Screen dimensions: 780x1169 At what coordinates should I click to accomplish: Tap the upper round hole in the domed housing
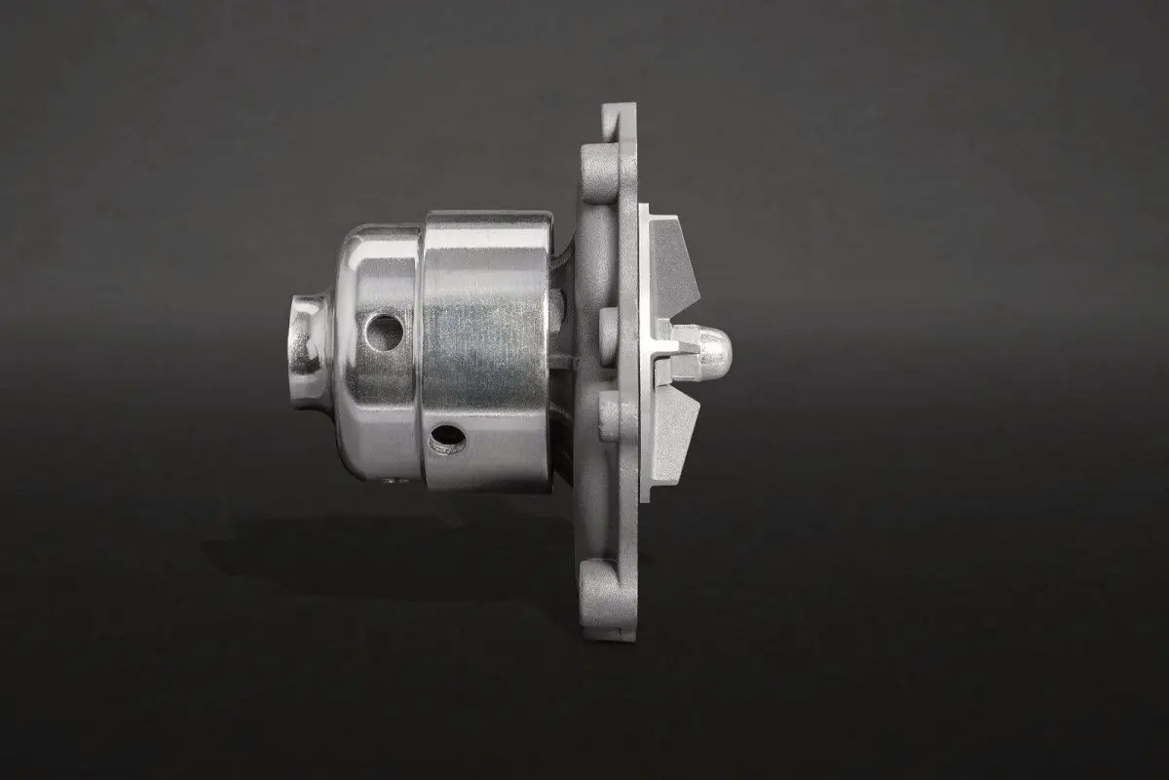point(385,332)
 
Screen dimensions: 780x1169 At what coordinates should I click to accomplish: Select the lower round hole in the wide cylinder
point(447,441)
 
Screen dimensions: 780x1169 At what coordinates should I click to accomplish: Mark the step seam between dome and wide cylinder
point(422,351)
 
